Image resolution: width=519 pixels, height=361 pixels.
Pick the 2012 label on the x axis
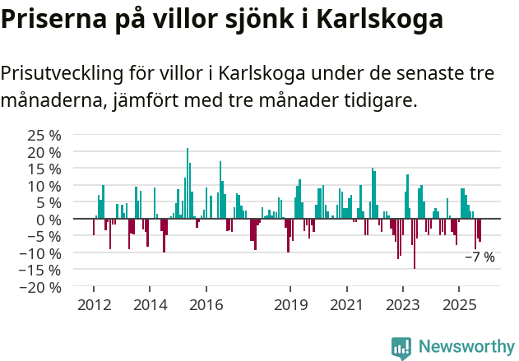(x=93, y=305)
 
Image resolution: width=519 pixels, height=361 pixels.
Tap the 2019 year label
(x=290, y=305)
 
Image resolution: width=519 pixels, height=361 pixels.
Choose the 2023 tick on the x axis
(x=403, y=305)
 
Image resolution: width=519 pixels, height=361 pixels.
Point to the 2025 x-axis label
(x=459, y=305)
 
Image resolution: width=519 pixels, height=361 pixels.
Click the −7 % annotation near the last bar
(x=480, y=257)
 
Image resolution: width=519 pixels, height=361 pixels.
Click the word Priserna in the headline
(x=50, y=19)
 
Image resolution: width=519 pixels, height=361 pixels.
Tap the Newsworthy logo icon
(x=401, y=348)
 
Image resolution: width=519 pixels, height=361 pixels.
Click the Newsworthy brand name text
(x=466, y=347)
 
